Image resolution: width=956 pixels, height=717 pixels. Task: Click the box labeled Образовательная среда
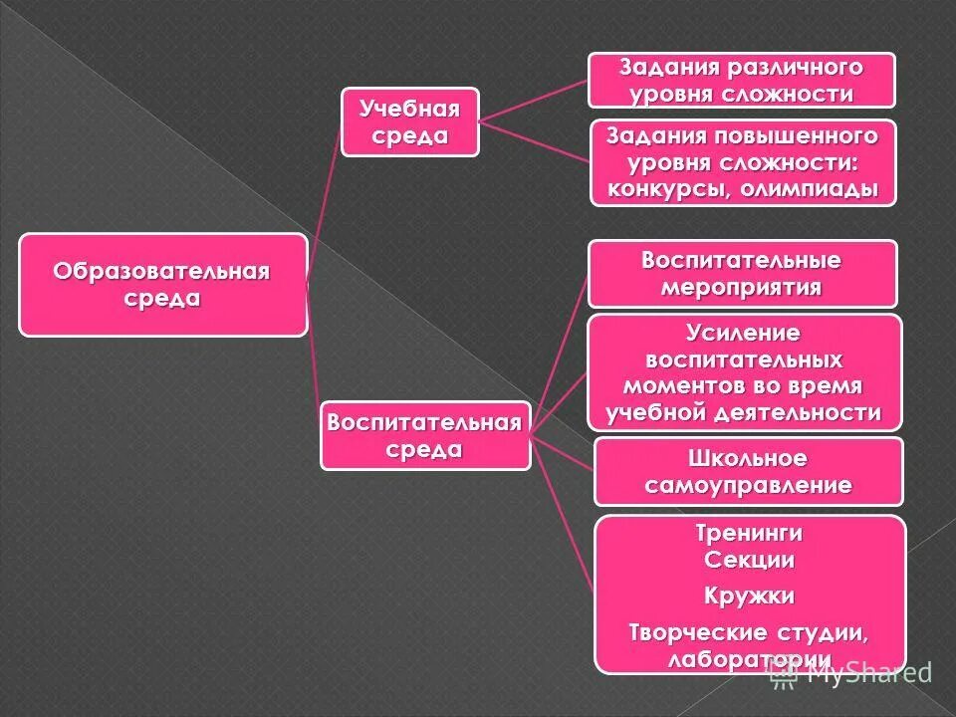pos(162,285)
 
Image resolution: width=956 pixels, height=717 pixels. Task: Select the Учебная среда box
pos(409,121)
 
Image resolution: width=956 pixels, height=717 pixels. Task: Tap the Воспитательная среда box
pos(424,435)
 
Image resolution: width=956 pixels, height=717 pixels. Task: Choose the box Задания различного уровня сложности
pos(741,81)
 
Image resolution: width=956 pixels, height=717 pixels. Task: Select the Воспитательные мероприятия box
pos(742,274)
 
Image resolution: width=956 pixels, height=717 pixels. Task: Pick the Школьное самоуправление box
pos(748,472)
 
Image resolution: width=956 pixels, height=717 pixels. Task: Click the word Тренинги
pos(749,534)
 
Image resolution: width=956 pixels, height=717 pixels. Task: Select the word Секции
pos(749,560)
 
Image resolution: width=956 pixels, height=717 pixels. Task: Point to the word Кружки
pos(749,597)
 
